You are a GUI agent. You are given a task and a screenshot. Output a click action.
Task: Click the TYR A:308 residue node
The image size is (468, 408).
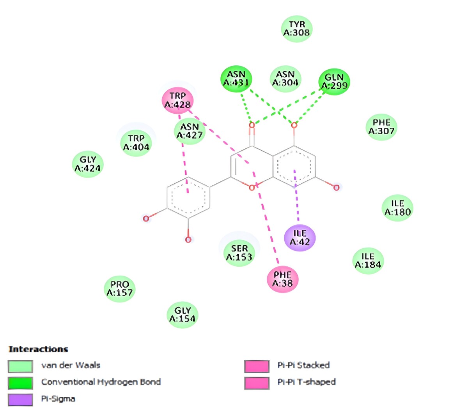297,29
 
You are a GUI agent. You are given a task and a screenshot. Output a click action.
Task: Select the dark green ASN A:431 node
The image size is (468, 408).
236,79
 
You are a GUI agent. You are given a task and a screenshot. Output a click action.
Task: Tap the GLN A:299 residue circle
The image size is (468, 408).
334,82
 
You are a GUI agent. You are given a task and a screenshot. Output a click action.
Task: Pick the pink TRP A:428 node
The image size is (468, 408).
178,100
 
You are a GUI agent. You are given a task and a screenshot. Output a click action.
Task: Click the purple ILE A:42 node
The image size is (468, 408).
300,238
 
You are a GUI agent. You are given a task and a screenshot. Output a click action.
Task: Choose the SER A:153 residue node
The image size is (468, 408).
239,253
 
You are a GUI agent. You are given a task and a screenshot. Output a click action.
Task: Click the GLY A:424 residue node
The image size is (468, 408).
88,164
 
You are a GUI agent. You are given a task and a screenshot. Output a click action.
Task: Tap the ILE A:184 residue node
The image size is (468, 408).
368,261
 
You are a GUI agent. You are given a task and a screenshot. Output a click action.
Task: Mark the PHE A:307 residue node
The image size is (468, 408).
381,127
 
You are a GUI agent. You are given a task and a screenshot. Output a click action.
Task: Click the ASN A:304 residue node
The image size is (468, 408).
285,79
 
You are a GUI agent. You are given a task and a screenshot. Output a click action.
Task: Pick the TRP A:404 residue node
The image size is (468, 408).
136,143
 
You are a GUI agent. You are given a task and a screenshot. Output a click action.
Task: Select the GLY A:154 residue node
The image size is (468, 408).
183,315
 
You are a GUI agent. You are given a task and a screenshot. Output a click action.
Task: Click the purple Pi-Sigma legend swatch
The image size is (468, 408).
20,399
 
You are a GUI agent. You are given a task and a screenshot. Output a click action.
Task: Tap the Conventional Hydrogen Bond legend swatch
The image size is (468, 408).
20,383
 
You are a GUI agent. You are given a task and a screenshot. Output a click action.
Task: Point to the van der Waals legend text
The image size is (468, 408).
71,366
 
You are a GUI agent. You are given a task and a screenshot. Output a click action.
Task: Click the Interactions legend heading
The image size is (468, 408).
38,349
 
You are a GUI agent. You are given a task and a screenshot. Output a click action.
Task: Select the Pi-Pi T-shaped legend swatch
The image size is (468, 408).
257,383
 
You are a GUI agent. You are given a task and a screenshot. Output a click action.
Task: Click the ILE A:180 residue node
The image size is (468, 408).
397,208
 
